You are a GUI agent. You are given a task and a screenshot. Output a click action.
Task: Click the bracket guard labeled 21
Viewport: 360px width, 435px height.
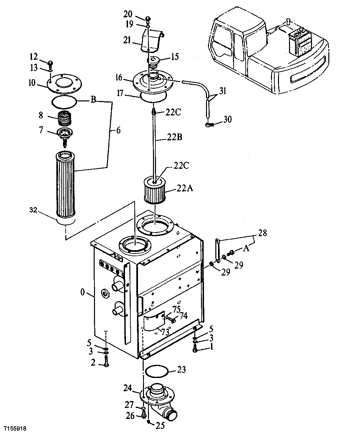[x=151, y=40]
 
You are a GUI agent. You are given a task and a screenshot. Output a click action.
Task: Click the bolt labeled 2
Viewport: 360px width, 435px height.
[x=106, y=361]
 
